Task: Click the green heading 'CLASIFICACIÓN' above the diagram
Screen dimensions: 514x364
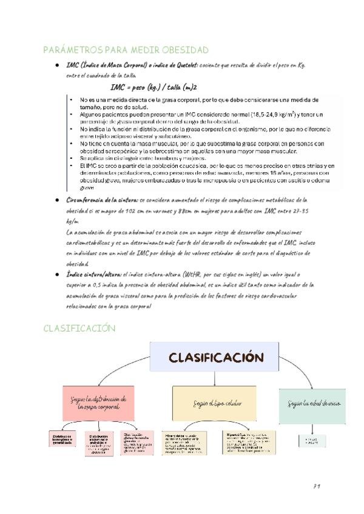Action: point(79,328)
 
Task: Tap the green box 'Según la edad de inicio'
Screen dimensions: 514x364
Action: point(305,403)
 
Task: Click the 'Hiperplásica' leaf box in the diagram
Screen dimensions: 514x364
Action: point(186,443)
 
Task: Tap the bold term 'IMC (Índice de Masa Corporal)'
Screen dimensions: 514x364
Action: point(99,65)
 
